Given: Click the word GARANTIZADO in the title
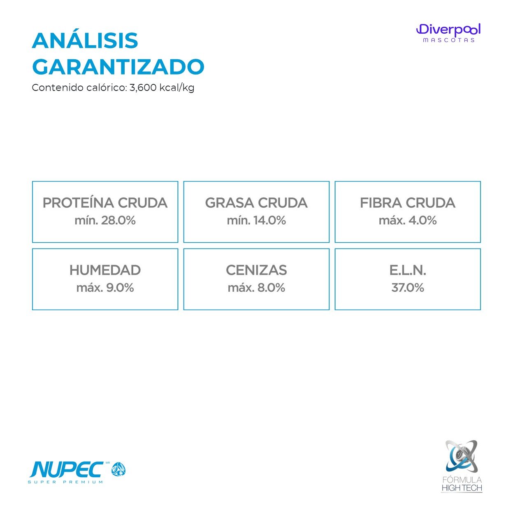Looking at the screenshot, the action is pyautogui.click(x=118, y=67).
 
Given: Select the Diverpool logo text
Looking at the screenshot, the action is pyautogui.click(x=448, y=30).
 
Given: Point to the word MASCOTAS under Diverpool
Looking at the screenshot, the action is pyautogui.click(x=448, y=40).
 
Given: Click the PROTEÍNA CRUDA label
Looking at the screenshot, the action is pyautogui.click(x=105, y=202).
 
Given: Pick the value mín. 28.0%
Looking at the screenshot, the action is pyautogui.click(x=105, y=221).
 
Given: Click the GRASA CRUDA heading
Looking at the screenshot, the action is pyautogui.click(x=256, y=203).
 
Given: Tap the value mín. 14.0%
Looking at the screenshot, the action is pyautogui.click(x=256, y=221).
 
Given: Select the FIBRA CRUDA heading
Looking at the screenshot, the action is pyautogui.click(x=408, y=203).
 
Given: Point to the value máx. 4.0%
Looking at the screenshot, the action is pyautogui.click(x=408, y=221).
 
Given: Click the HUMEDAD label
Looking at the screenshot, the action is pyautogui.click(x=105, y=270).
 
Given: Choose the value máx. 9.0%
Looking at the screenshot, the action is pyautogui.click(x=105, y=288).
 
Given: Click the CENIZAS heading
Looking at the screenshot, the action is pyautogui.click(x=256, y=270).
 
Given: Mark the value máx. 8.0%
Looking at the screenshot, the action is pyautogui.click(x=256, y=288).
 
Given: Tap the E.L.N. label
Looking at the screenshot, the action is pyautogui.click(x=408, y=270).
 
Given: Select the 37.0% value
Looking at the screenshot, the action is pyautogui.click(x=408, y=288).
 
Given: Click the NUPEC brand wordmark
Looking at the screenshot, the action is pyautogui.click(x=67, y=470).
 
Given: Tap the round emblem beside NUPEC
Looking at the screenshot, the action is pyautogui.click(x=118, y=469).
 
